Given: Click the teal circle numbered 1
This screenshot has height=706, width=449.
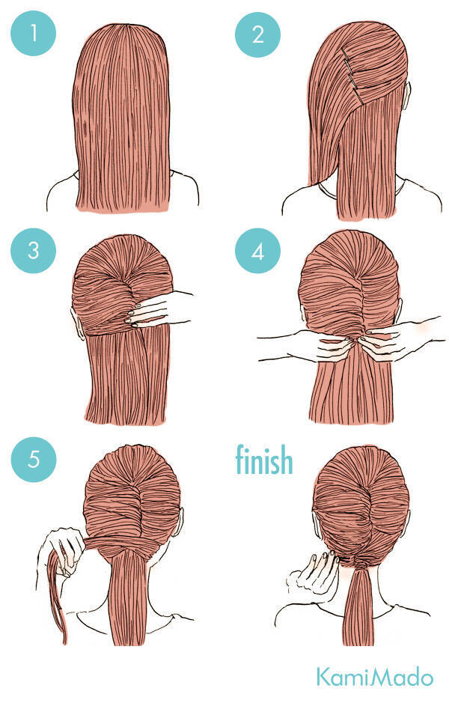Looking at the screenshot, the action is (x=33, y=33).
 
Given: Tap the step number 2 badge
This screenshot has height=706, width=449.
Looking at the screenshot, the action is (x=257, y=34).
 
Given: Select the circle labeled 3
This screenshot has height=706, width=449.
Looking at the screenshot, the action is (x=33, y=250).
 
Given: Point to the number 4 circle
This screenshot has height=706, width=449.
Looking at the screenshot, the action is (x=257, y=251).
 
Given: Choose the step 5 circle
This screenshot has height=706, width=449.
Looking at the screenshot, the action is (x=34, y=459).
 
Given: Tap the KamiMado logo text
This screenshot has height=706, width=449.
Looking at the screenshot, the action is (x=375, y=678).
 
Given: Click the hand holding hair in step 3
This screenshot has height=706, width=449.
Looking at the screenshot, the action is (x=157, y=308).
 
